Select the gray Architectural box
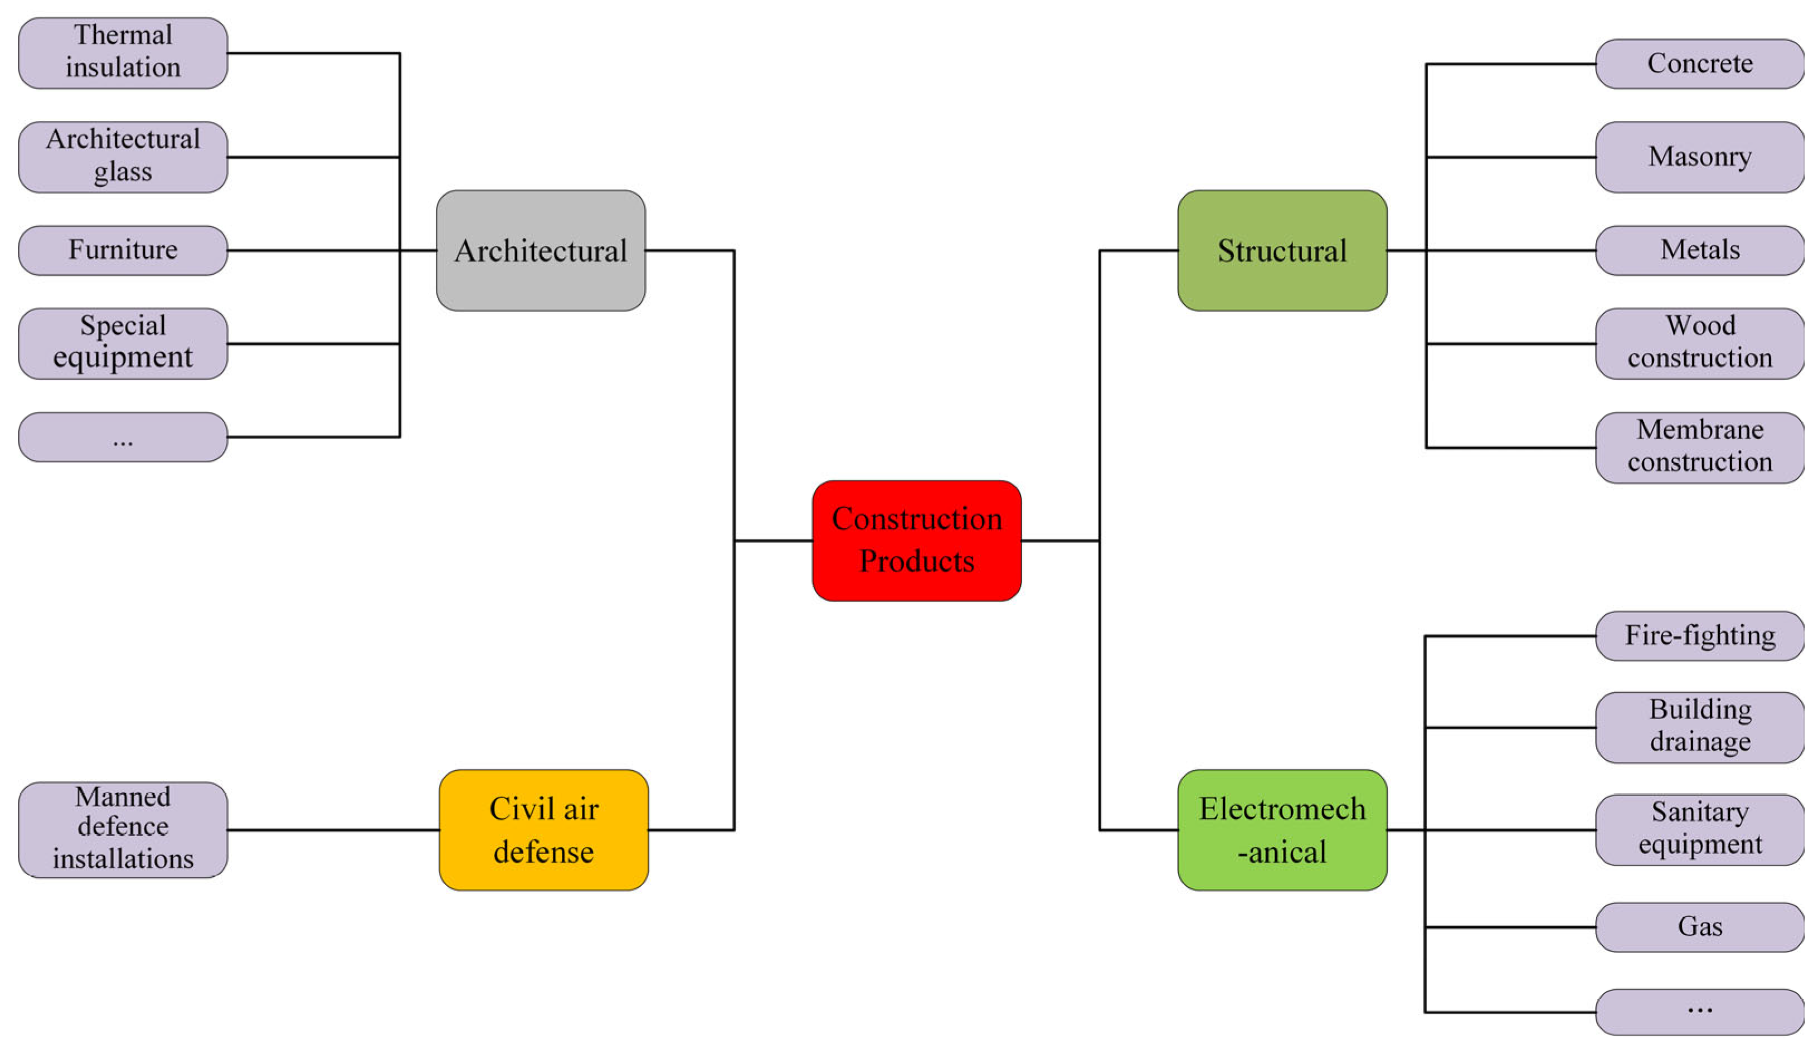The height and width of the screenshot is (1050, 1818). pyautogui.click(x=540, y=250)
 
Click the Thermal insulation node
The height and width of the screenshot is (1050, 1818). pyautogui.click(x=123, y=52)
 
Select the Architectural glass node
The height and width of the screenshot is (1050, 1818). pyautogui.click(x=123, y=157)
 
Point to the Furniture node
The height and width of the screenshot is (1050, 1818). pyautogui.click(x=123, y=250)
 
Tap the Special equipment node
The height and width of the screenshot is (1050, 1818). pyautogui.click(x=123, y=343)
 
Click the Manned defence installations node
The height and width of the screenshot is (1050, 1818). pyautogui.click(x=123, y=829)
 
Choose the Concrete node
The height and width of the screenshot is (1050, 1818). pyautogui.click(x=1699, y=64)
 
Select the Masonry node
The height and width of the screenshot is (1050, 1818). pyautogui.click(x=1699, y=157)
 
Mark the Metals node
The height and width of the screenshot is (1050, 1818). pyautogui.click(x=1699, y=250)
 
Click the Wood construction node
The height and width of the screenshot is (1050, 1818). pyautogui.click(x=1699, y=343)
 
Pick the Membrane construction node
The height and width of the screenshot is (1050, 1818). pyautogui.click(x=1699, y=447)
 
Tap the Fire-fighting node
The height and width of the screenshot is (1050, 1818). pyautogui.click(x=1699, y=635)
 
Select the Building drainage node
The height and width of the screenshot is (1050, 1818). pyautogui.click(x=1699, y=727)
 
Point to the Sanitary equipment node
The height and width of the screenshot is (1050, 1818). pyautogui.click(x=1699, y=829)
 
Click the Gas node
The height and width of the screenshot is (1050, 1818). pyautogui.click(x=1699, y=927)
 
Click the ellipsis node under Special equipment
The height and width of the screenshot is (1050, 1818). pyautogui.click(x=123, y=436)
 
